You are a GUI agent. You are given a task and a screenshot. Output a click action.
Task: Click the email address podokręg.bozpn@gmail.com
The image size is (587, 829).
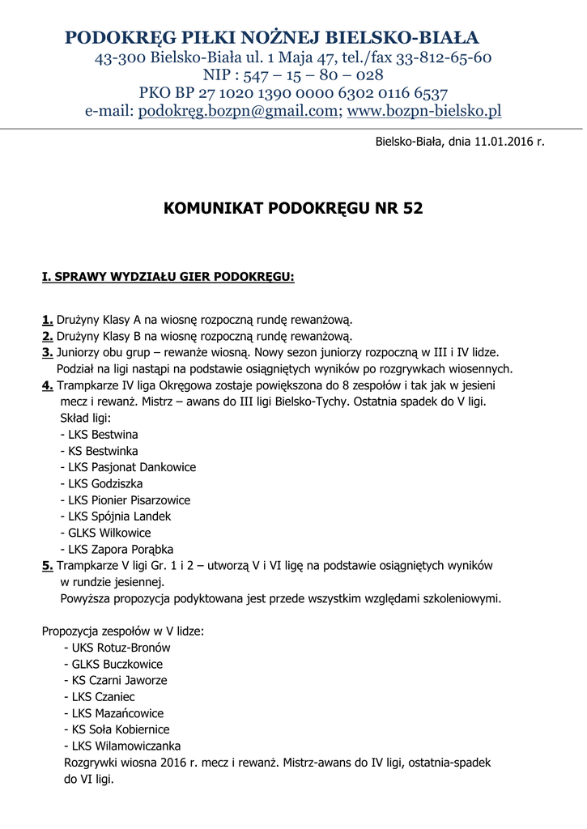click(x=238, y=111)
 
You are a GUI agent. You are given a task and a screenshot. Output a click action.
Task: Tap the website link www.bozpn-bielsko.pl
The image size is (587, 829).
click(x=424, y=111)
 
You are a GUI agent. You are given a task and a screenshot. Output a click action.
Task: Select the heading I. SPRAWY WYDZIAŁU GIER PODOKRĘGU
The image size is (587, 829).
click(x=168, y=277)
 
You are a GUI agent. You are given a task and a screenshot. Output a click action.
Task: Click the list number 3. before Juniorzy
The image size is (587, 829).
click(x=48, y=352)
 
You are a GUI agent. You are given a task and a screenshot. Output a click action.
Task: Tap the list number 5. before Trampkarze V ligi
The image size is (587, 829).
click(x=48, y=565)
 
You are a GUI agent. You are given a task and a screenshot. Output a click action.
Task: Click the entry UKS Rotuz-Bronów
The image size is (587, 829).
click(x=121, y=648)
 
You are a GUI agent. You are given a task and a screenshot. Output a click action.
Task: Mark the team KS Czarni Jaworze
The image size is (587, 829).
click(x=120, y=680)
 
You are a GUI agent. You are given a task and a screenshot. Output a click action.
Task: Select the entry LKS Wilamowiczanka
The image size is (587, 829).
click(x=126, y=746)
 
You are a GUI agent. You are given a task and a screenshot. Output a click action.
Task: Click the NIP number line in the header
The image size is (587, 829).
click(x=292, y=75)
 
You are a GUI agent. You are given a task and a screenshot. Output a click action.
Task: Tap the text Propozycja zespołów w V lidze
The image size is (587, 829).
click(x=122, y=631)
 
